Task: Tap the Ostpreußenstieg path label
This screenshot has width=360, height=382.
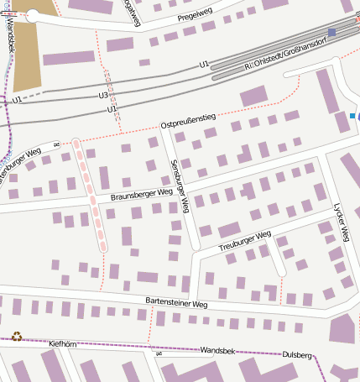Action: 188,124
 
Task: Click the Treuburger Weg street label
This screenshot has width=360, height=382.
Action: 245,241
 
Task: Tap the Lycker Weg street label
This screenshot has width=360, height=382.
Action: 339,222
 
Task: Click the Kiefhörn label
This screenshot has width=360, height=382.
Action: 63,343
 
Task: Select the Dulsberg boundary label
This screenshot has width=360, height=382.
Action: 297,355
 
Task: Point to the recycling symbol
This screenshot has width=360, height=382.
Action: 16,336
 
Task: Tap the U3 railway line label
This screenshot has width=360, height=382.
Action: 103,96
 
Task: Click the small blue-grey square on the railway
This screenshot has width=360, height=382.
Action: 332,33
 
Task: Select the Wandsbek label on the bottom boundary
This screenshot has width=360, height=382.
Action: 217,349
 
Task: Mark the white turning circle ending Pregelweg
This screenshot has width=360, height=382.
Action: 33,14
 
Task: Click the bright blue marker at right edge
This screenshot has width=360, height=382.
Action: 353,115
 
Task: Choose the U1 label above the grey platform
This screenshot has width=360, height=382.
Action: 204,64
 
